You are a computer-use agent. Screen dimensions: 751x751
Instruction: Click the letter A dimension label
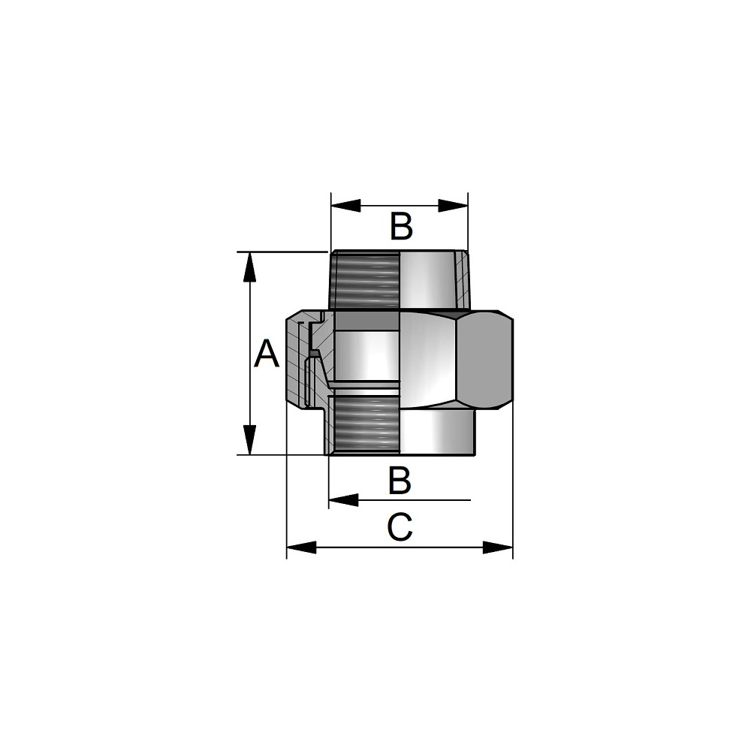point(266,354)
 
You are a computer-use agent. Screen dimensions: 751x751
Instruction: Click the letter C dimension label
point(400,527)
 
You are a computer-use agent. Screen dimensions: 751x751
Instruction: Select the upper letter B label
point(401,227)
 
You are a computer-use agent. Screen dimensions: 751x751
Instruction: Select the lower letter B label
point(400,481)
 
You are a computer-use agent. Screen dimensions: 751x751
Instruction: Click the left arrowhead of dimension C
point(301,547)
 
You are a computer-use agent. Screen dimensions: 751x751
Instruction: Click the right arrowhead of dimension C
point(498,547)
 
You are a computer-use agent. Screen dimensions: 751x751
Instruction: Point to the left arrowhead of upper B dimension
point(345,206)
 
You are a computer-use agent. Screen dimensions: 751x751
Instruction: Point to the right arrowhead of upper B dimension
point(453,206)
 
